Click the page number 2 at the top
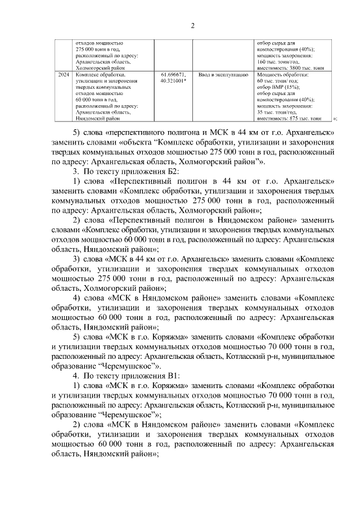[x=192, y=25]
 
